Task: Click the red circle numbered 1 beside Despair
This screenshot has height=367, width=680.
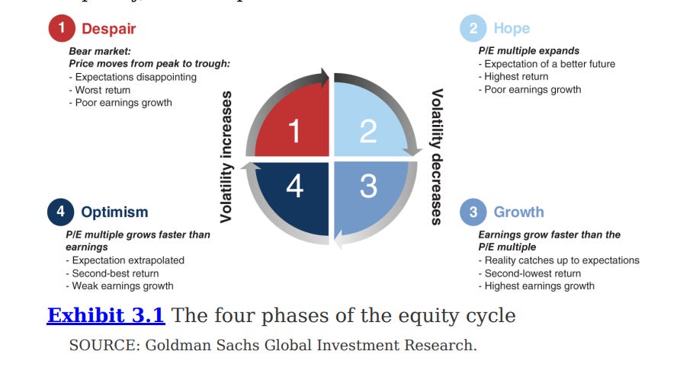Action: point(61,29)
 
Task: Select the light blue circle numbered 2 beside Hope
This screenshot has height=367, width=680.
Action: point(473,29)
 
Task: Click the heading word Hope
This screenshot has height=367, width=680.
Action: point(512,29)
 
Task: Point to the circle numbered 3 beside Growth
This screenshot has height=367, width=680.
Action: point(473,212)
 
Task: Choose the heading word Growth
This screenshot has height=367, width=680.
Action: point(519,212)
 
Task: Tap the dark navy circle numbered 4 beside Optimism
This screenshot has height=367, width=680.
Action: point(60,212)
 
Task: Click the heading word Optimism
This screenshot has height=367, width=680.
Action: point(114,212)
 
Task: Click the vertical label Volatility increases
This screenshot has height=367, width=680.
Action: point(226,157)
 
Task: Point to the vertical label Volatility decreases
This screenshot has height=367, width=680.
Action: point(437,157)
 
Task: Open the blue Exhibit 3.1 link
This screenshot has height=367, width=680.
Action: point(106,315)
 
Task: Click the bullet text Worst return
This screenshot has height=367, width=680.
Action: point(103,90)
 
